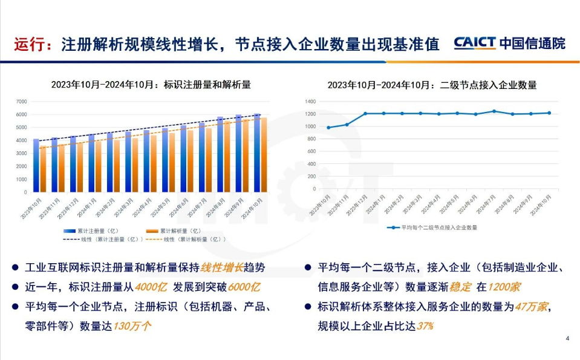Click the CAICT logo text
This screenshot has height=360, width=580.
pos(475,43)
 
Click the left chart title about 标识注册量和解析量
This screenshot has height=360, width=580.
pos(151,85)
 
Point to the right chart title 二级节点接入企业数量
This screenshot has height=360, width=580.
pos(432,85)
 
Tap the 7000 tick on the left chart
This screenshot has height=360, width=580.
pos(21,101)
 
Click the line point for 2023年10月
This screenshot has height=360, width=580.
pos(328,128)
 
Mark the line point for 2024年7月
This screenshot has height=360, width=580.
pos(494,111)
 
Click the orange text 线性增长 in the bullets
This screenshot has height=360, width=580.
pos(222,267)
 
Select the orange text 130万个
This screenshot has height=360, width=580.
pos(132,326)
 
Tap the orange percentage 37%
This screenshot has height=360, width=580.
pos(425,326)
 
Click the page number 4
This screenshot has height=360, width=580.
pos(567,338)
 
